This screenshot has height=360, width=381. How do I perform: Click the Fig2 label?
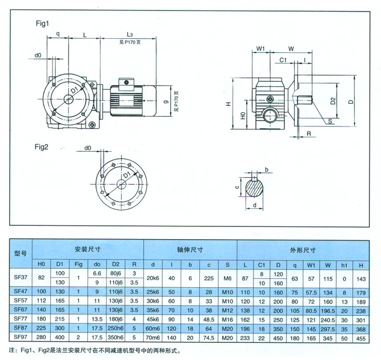43,147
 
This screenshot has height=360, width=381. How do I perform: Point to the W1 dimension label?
261,49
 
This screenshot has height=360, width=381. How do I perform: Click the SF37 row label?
20,279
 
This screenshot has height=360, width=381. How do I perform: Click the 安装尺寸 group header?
88,250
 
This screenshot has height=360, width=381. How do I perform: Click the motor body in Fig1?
128,100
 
